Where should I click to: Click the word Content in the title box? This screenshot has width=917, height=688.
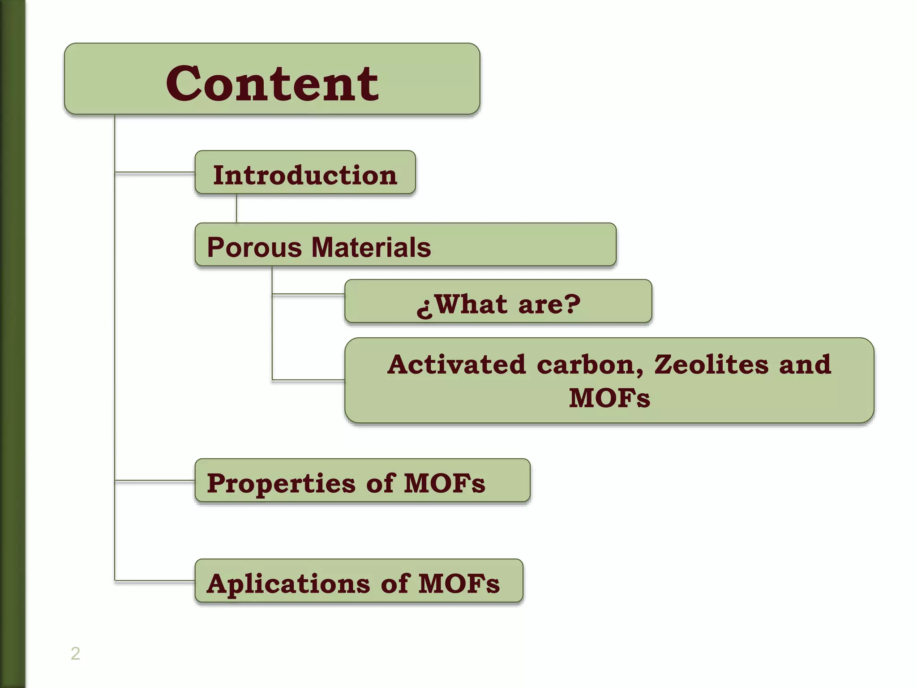(x=272, y=83)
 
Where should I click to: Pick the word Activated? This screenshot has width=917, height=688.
(x=456, y=364)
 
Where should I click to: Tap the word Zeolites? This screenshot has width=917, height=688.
(x=711, y=364)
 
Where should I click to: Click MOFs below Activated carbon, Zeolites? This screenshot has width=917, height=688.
(x=609, y=398)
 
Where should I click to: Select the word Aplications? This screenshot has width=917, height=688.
(x=288, y=584)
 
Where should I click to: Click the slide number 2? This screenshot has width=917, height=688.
(x=75, y=654)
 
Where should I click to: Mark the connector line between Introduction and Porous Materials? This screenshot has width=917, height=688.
(x=236, y=208)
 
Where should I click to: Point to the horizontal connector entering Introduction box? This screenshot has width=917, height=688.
(x=155, y=172)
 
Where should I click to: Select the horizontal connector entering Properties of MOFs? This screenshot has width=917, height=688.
(x=155, y=481)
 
